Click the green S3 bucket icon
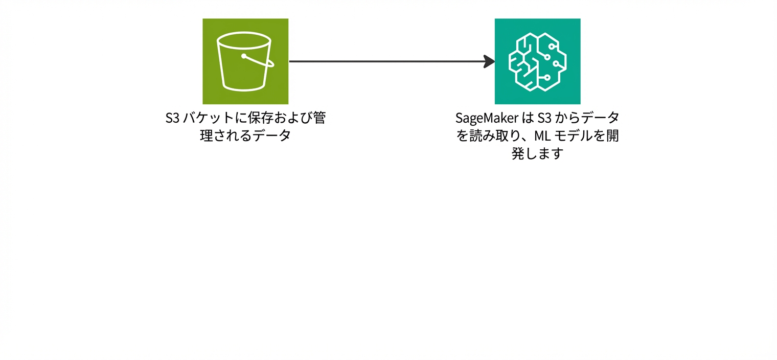click(x=245, y=61)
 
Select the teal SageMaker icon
click(x=537, y=61)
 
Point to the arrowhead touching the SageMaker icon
click(x=490, y=61)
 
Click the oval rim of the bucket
click(x=243, y=40)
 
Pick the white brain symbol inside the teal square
click(x=537, y=61)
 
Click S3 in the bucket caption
click(x=172, y=119)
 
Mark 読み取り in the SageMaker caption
click(x=496, y=137)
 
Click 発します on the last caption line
click(x=537, y=154)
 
